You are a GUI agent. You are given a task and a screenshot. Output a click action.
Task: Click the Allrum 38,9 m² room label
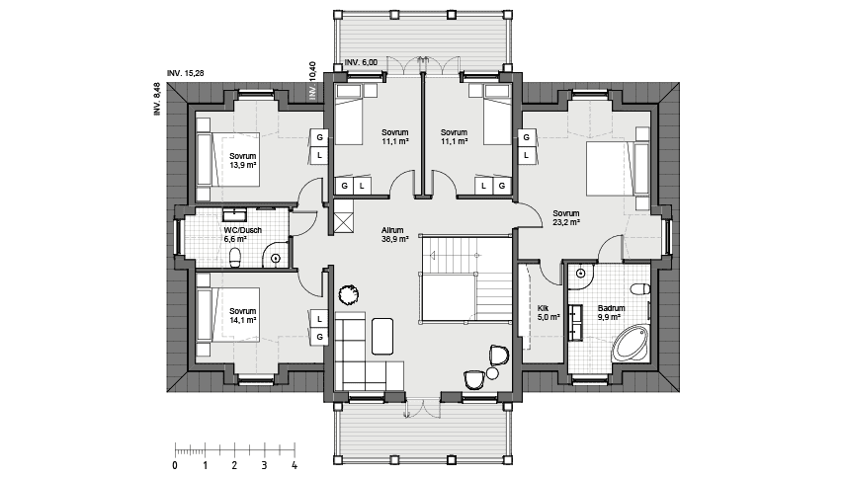coord(394,234)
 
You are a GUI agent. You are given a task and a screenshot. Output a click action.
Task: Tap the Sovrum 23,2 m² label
coord(566,217)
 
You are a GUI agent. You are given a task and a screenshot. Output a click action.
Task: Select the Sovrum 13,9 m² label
coord(242,160)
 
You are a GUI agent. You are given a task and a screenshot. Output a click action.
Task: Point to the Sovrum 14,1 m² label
coord(242,315)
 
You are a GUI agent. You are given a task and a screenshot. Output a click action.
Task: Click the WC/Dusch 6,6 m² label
coord(235,234)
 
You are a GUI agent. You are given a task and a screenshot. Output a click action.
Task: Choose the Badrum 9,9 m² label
coord(611,313)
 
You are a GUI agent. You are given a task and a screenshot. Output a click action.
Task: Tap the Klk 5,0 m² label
coord(549,313)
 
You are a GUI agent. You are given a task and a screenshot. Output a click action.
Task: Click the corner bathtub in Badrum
coord(632,343)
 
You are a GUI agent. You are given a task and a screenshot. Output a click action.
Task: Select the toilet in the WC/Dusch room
coord(235,258)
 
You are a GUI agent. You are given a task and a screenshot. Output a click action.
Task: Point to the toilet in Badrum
coord(640,289)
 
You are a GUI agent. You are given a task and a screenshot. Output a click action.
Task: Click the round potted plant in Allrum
coord(348,294)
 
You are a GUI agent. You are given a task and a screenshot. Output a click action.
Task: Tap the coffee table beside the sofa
coord(382,336)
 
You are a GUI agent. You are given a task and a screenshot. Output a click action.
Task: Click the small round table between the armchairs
coord(492,373)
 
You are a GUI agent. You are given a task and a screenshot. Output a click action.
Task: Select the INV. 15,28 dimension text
coord(186,73)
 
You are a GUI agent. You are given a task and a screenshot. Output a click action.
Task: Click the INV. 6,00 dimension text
coord(361,62)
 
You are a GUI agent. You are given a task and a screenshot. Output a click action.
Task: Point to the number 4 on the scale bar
coord(295,466)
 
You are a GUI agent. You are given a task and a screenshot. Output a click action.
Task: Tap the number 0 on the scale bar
coord(175,466)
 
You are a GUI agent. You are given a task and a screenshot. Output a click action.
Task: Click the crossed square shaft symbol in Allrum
coord(344,222)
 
